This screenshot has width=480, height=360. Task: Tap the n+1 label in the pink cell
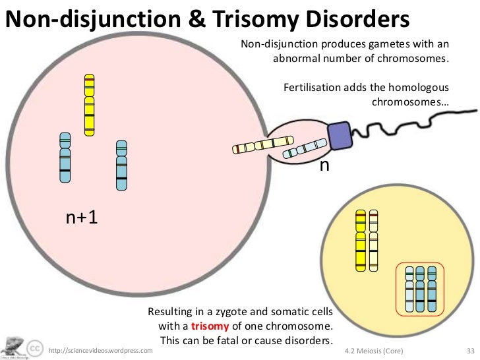[x=82, y=218]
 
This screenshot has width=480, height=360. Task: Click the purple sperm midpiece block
[x=340, y=134]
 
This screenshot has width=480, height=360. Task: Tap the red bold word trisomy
[x=214, y=326]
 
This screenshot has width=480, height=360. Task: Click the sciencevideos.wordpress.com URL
[x=101, y=349]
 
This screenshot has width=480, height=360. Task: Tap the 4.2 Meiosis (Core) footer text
[x=375, y=349]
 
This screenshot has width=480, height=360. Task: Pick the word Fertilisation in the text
[x=311, y=88]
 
